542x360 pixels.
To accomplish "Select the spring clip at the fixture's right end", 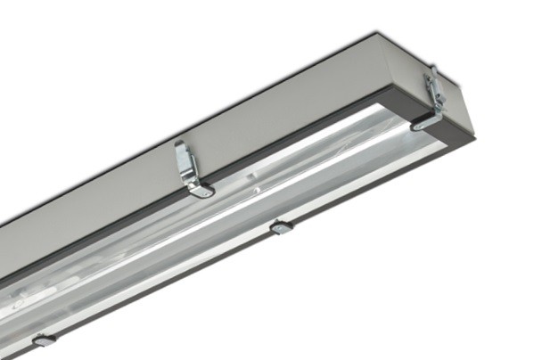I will click(431, 97).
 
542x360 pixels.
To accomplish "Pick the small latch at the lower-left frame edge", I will click(43, 340).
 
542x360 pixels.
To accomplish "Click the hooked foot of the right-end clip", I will click(422, 125).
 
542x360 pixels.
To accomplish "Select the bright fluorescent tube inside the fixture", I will click(267, 178).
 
